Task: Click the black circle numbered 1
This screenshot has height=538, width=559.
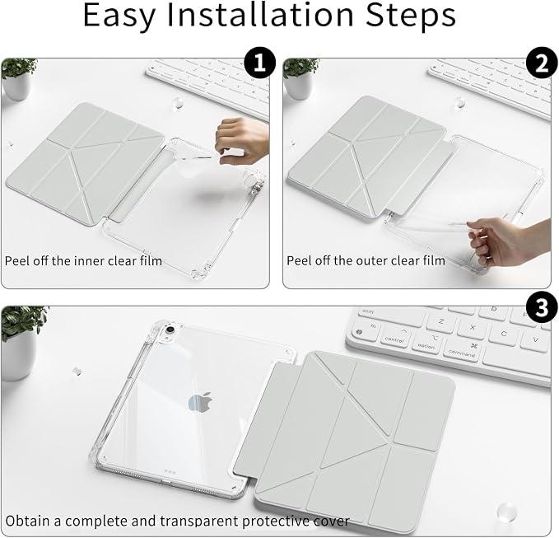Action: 260,63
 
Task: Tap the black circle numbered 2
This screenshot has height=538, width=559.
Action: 542,63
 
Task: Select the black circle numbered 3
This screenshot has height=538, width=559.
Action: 542,308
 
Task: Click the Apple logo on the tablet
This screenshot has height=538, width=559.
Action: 200,402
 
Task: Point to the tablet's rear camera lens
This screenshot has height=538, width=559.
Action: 170,329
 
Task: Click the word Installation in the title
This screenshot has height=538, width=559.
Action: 261,15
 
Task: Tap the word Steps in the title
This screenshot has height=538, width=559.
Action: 411,16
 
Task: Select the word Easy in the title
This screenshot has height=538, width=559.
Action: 119,16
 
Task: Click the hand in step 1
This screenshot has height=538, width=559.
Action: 242,141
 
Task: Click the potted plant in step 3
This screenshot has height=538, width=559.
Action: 21,342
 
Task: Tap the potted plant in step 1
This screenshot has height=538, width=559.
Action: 18,78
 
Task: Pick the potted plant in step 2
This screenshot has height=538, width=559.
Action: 300,78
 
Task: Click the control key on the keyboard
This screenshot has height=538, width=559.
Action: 394,339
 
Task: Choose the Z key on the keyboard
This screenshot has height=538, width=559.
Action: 441,322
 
